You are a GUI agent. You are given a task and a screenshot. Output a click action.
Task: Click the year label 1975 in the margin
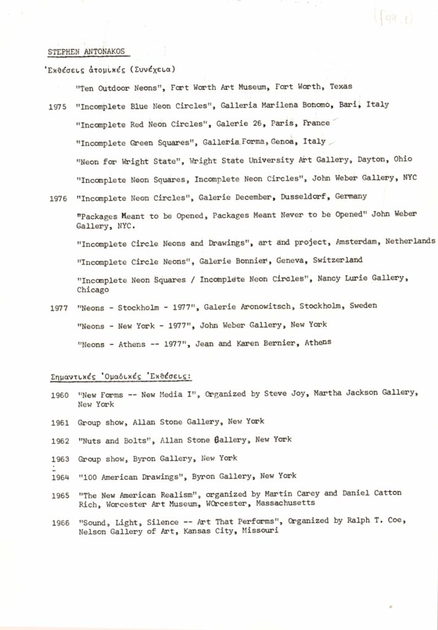click(58, 106)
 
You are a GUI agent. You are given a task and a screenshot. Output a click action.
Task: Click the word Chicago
click(92, 289)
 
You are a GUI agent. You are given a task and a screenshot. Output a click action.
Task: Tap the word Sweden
click(362, 306)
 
